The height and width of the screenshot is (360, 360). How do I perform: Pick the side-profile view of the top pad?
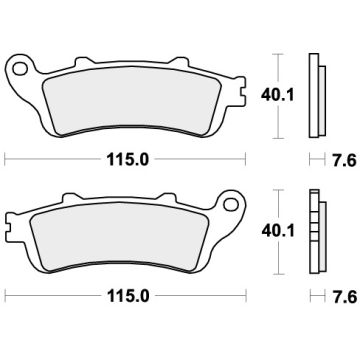316,96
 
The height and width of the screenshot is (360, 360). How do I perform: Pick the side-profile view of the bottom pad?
316,233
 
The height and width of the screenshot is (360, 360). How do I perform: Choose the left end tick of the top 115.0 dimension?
5,158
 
